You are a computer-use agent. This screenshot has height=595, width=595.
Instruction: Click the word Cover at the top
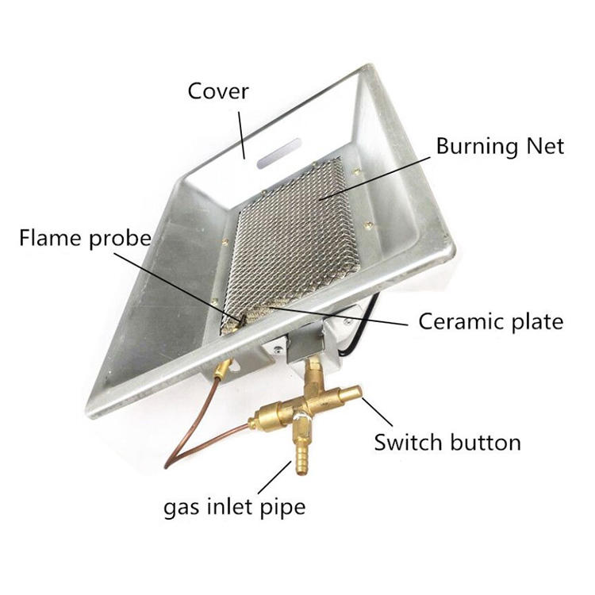click(x=217, y=91)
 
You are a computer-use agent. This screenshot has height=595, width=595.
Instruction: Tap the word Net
click(x=543, y=146)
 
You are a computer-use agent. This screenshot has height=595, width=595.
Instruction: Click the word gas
click(x=179, y=506)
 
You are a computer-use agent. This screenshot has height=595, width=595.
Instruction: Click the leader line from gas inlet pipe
click(x=278, y=477)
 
